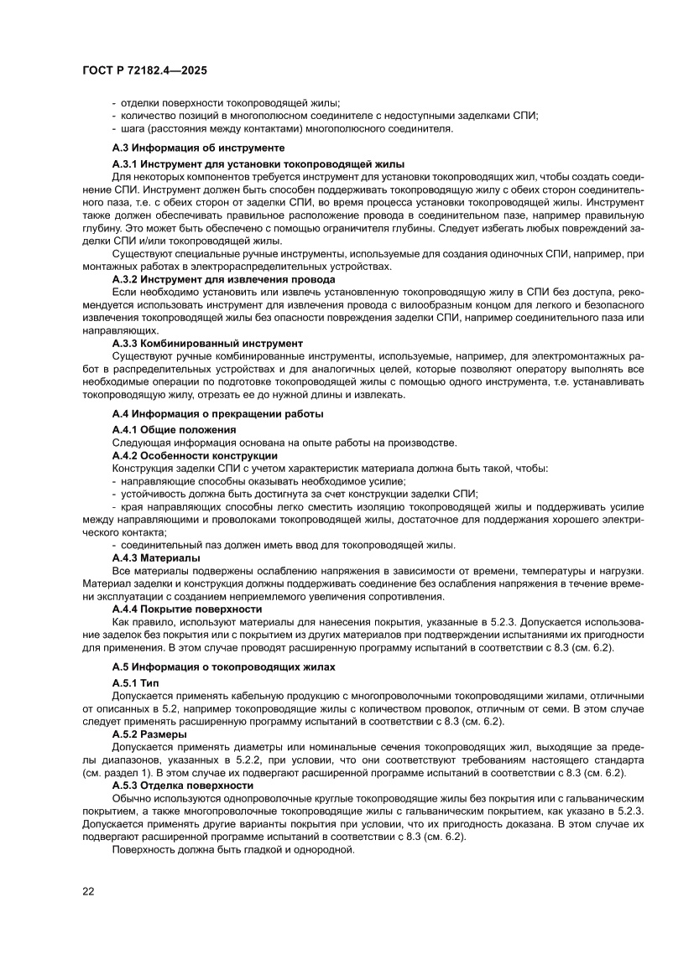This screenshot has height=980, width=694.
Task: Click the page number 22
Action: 88,890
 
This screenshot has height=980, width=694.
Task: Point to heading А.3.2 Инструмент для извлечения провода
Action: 224,278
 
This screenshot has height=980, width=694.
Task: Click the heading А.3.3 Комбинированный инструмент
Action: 207,344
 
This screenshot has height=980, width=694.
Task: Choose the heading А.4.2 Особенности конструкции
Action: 195,455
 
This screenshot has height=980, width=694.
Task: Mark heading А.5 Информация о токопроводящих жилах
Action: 223,666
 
